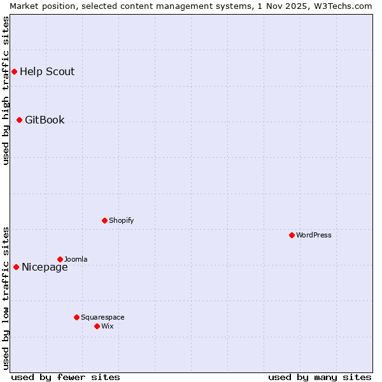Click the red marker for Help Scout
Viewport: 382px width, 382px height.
[14, 71]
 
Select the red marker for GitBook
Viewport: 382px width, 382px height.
[19, 120]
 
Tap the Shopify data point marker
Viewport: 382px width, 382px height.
[104, 220]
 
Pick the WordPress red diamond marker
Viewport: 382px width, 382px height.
[292, 235]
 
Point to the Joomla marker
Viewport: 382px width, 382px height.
[60, 259]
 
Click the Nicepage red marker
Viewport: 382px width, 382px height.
[16, 267]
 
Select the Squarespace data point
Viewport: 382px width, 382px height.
[76, 317]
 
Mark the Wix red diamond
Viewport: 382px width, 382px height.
[97, 326]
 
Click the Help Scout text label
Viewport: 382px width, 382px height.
[47, 71]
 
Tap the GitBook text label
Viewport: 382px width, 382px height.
[45, 120]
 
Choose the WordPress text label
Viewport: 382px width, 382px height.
[314, 235]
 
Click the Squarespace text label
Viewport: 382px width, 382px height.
[103, 317]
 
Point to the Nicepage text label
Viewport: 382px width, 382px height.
[45, 267]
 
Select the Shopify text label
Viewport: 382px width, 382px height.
[121, 220]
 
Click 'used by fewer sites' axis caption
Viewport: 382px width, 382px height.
[66, 377]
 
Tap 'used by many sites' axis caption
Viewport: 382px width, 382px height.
[320, 377]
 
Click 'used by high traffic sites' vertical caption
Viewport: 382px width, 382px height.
[6, 90]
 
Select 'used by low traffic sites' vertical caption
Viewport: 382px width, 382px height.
[6, 298]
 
